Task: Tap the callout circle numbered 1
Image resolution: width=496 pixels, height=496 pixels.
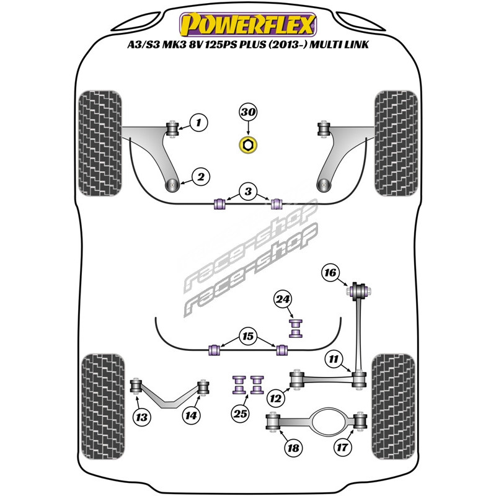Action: (198, 123)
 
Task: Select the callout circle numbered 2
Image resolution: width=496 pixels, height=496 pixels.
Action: (200, 177)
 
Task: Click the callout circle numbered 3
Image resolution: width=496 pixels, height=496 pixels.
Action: (248, 193)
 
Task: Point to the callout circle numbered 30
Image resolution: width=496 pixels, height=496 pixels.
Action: (248, 112)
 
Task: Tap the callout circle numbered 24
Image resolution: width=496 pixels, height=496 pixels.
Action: (283, 301)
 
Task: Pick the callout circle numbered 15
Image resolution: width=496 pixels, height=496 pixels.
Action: (249, 337)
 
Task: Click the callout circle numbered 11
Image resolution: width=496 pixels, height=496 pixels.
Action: (333, 358)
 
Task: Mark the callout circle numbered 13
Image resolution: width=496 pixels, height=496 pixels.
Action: (143, 417)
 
